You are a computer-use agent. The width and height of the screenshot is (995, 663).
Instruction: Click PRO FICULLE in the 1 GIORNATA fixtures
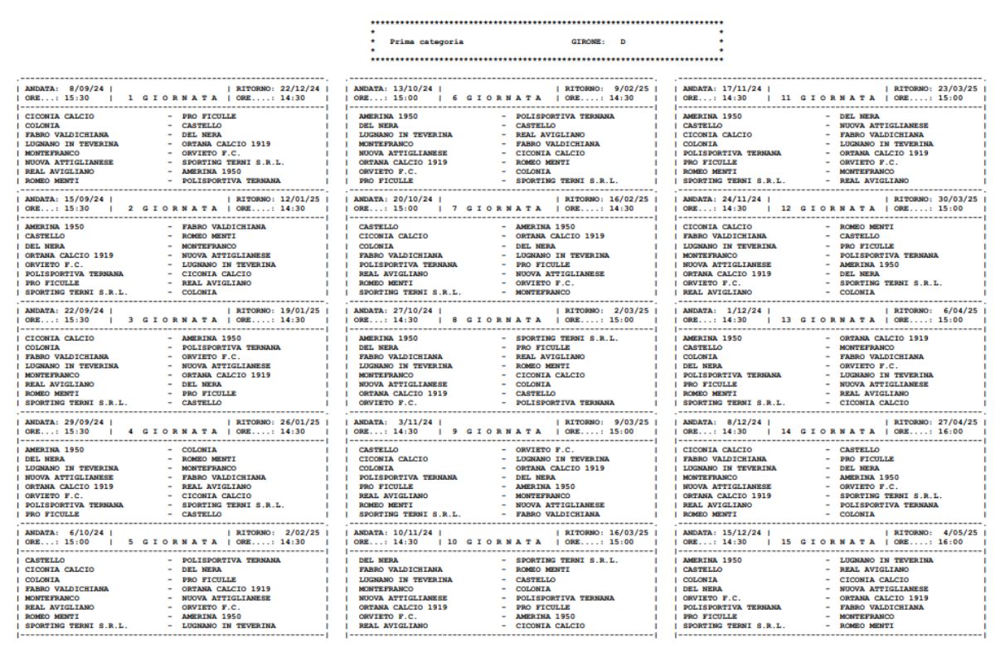pyautogui.click(x=209, y=117)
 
